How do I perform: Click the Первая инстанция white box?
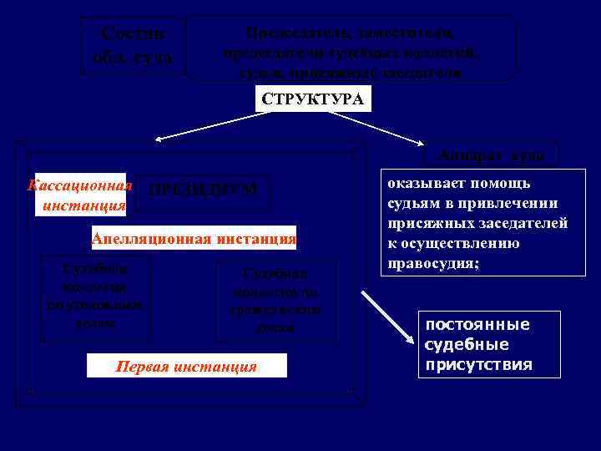(187, 366)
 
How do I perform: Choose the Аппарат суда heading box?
(490, 155)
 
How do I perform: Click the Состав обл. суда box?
(133, 46)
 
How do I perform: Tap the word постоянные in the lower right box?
(477, 325)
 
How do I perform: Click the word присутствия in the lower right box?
(478, 365)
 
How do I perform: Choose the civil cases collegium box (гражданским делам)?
(275, 301)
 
